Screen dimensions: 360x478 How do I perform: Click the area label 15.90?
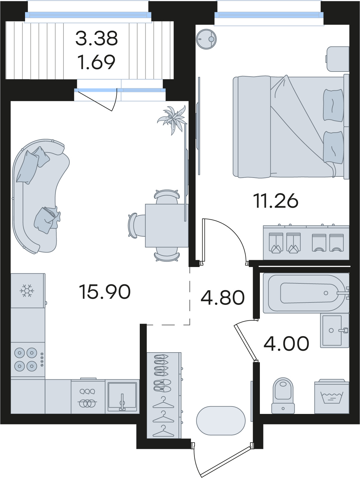click(105, 292)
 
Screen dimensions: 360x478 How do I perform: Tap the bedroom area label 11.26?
click(275, 201)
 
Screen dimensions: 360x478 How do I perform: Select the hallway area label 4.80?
click(223, 297)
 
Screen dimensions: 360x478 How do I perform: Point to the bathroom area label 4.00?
click(286, 343)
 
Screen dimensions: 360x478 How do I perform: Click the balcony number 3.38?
click(97, 38)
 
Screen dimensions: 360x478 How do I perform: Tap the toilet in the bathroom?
click(283, 395)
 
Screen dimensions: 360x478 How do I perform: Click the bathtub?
click(306, 293)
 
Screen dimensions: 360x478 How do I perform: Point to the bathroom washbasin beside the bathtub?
click(334, 330)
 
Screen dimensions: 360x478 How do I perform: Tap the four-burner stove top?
click(28, 359)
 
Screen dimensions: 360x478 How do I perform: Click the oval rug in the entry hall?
click(221, 421)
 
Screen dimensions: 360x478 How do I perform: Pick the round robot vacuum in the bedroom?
click(206, 39)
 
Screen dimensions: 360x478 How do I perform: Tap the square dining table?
click(167, 225)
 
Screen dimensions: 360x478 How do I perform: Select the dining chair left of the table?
click(136, 225)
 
